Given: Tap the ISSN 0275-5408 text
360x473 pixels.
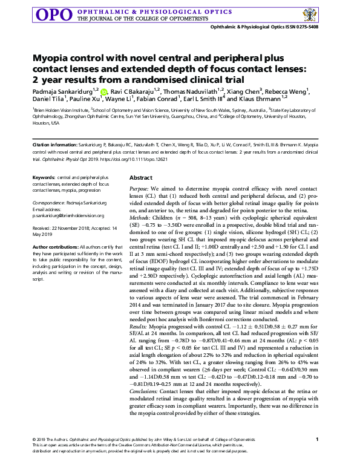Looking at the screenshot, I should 298,28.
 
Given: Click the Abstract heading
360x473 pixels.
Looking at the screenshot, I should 141,178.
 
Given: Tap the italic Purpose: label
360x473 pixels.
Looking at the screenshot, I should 142,189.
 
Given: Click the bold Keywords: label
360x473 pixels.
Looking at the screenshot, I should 44,177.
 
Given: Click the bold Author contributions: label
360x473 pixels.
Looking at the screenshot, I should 58,247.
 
